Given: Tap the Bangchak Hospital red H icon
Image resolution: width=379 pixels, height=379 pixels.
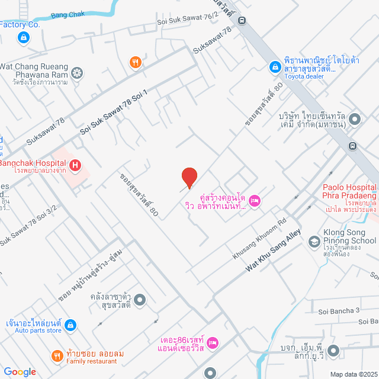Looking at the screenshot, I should point(75,166).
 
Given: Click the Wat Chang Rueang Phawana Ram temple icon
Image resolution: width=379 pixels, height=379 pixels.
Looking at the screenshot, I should point(76,73).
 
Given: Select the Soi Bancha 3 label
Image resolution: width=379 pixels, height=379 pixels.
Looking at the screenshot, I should point(339,310).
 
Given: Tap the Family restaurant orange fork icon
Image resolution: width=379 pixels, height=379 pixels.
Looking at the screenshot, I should point(57,356).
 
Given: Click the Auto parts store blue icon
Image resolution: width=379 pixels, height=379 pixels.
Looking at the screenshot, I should point(70,325).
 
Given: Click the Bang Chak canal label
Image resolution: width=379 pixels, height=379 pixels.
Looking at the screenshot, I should point(68,15).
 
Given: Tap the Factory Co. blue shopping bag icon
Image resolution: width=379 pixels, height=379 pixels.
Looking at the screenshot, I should point(23,38).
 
